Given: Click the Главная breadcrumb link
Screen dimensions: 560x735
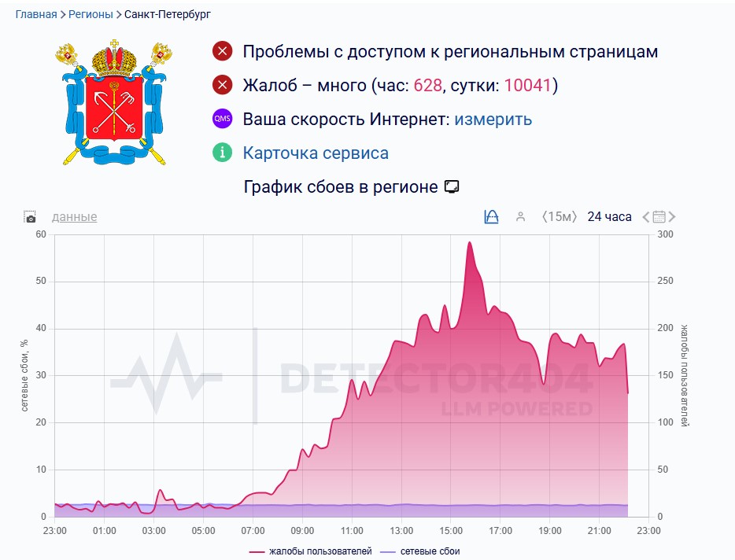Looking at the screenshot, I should (36, 14).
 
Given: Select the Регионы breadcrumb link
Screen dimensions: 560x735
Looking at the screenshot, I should (90, 14).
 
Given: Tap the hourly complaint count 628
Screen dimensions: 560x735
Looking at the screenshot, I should (427, 86).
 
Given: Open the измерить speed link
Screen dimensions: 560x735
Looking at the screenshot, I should (493, 120).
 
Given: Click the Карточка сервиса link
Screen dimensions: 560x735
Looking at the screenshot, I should (316, 153).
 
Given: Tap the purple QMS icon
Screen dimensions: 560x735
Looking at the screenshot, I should (223, 120).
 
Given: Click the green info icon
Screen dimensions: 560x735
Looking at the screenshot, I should (223, 153).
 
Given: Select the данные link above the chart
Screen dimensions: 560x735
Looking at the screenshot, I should (74, 216).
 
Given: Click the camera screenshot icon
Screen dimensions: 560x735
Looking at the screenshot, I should (30, 217).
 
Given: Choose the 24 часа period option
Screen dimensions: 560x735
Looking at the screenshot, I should (609, 216).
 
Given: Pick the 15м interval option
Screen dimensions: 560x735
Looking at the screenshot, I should (560, 216).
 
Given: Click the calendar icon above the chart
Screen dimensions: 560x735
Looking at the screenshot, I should (659, 217).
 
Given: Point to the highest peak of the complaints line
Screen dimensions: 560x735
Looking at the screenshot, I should (469, 242).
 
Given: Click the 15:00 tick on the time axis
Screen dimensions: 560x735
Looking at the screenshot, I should (451, 530).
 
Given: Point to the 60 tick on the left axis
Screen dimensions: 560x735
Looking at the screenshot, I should (41, 234).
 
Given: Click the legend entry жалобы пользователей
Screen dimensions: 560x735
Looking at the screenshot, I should (315, 551).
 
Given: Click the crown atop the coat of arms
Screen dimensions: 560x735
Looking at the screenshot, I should (114, 58).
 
